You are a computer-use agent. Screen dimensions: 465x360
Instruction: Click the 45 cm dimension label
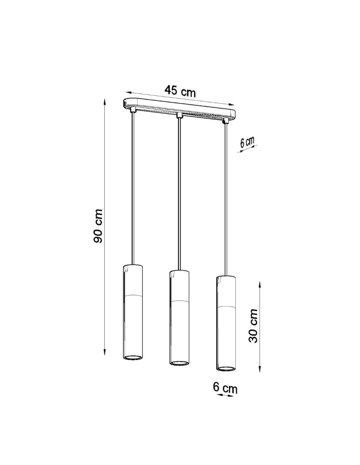coord(180,91)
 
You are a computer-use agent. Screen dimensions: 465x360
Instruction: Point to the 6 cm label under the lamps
coord(225,387)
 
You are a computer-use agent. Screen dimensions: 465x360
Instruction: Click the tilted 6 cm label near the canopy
coord(247,143)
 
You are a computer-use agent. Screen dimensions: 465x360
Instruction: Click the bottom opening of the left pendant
coord(133,357)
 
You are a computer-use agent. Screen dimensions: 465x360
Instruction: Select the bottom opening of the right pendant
coord(226,368)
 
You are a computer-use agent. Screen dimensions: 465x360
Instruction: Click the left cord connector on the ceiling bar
coord(133,110)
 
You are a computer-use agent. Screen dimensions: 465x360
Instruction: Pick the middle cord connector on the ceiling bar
coord(179,115)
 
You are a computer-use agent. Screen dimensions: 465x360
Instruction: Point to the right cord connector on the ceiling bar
coord(226,120)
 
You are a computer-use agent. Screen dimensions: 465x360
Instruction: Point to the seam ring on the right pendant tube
coord(226,307)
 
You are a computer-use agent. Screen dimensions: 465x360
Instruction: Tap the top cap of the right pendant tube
coord(226,278)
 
